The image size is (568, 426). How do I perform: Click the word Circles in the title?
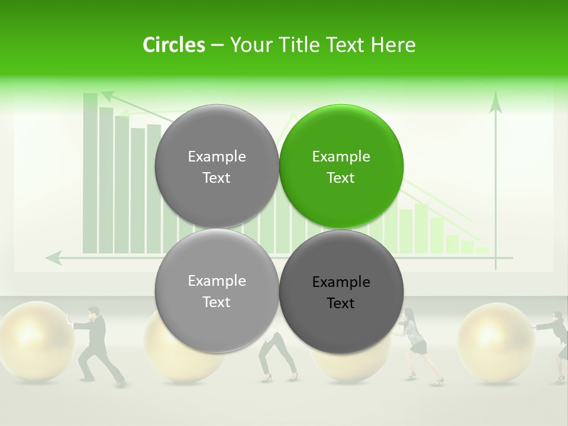coord(173,45)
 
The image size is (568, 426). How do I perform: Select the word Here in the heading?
coord(393,45)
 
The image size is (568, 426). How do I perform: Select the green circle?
coord(341,166)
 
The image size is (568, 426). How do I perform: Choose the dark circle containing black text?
coord(341,291)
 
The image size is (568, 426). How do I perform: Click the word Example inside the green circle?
coord(341,157)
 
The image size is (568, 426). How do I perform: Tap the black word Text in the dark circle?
coord(341,304)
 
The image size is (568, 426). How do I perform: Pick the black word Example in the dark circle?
coord(341,282)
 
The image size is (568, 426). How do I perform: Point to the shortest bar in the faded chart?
coord(482,250)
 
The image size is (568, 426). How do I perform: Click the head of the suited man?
coord(93,312)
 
